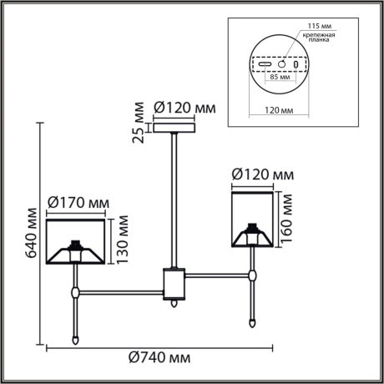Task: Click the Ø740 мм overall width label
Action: click(159, 357)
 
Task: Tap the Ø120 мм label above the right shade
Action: click(261, 174)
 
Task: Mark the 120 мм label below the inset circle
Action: click(278, 109)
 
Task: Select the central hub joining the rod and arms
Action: click(174, 284)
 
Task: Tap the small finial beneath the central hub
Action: click(174, 305)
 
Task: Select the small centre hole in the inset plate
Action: click(282, 63)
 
